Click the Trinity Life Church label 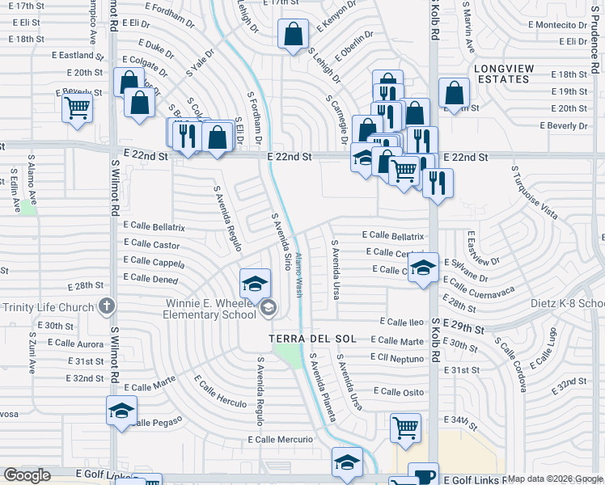pyautogui.click(x=49, y=307)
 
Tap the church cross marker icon pyautogui.click(x=106, y=306)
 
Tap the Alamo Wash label pyautogui.click(x=298, y=275)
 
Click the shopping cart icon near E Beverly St pyautogui.click(x=77, y=106)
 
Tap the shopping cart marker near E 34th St pyautogui.click(x=405, y=428)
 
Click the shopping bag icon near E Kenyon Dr pyautogui.click(x=292, y=34)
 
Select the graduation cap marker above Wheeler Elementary pyautogui.click(x=255, y=283)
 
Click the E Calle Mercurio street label pyautogui.click(x=280, y=440)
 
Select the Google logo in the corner pyautogui.click(x=27, y=476)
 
